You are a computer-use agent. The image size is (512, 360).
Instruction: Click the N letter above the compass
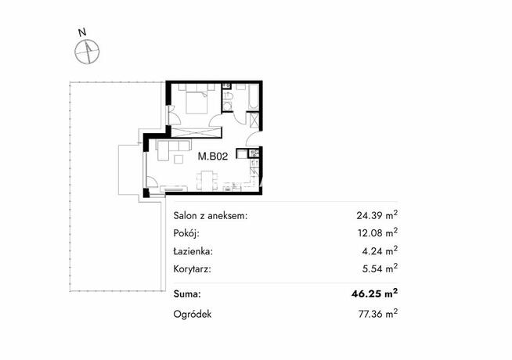(x=82, y=32)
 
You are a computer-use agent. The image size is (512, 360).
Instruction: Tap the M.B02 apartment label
(x=213, y=157)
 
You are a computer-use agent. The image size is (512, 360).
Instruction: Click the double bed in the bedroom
(x=197, y=103)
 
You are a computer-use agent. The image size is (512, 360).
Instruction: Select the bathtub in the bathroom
(x=253, y=97)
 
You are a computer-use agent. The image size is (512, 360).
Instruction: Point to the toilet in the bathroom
(x=228, y=96)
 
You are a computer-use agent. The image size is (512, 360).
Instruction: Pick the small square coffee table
(x=179, y=160)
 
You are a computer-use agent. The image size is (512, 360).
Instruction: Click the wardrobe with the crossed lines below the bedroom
(x=197, y=132)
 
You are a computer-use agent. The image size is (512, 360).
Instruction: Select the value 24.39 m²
(x=377, y=214)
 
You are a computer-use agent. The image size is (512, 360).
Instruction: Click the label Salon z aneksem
(x=211, y=216)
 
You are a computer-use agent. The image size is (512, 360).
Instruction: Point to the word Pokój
(x=186, y=233)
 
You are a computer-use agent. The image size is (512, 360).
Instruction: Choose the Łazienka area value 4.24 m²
(x=380, y=250)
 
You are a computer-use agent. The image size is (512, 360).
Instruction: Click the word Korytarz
(x=193, y=269)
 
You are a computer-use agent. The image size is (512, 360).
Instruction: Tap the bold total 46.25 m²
(x=374, y=293)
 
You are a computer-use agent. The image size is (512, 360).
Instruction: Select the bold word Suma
(x=187, y=294)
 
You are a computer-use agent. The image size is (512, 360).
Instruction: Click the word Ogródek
(x=193, y=314)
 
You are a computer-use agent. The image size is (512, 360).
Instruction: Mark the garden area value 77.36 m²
(x=378, y=314)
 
